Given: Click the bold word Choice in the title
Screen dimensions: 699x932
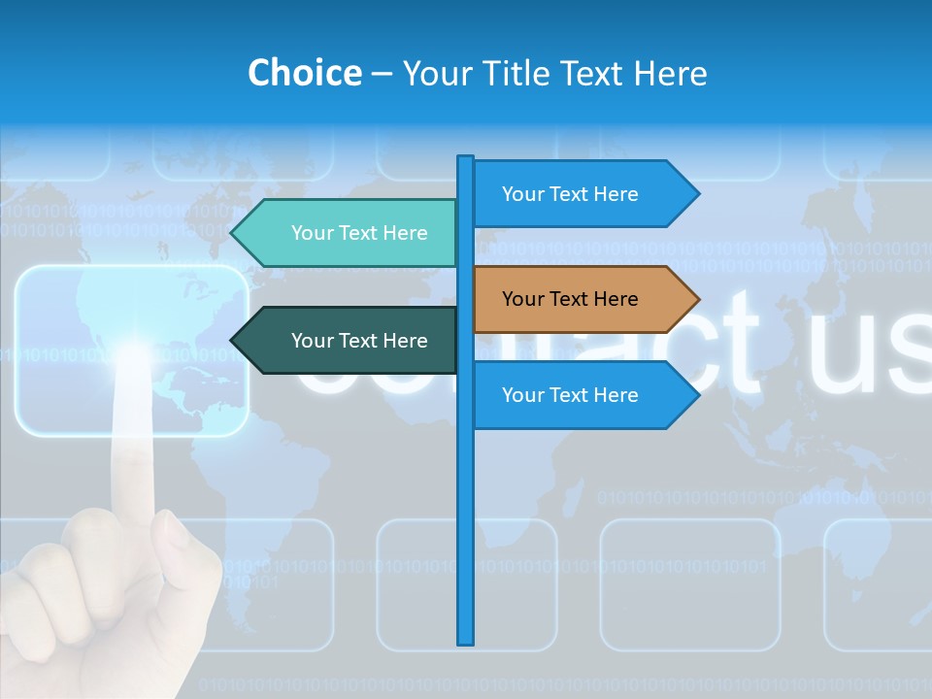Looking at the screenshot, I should coord(304,73).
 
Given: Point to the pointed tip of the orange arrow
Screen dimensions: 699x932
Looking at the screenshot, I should coord(696,299).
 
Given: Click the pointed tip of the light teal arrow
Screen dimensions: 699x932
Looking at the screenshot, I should coord(234,233).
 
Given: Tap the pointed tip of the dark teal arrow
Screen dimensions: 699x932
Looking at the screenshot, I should coord(234,341).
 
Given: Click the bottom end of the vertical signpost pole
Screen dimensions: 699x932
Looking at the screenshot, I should coord(466,641).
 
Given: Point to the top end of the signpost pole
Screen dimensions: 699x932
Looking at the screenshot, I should coord(466,159).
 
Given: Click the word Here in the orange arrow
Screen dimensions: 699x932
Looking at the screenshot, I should coord(615,299).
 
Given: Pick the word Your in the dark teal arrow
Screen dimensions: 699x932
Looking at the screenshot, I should coord(312,341).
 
